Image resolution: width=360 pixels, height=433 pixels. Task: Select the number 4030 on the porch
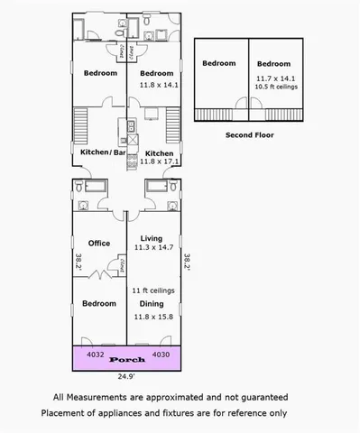pos(162,354)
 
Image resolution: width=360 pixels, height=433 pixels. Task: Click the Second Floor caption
pos(249,134)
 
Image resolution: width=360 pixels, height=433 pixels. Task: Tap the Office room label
pos(98,243)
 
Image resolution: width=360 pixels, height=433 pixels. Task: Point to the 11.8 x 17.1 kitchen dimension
pos(159,162)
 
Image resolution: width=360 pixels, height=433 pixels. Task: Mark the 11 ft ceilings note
pos(152,291)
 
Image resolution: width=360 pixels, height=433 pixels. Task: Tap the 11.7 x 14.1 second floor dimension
pos(272,78)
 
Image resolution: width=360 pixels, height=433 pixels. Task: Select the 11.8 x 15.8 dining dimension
pos(152,317)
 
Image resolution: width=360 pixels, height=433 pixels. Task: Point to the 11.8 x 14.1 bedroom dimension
pos(159,85)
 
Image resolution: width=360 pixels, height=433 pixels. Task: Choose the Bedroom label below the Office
pos(98,304)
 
